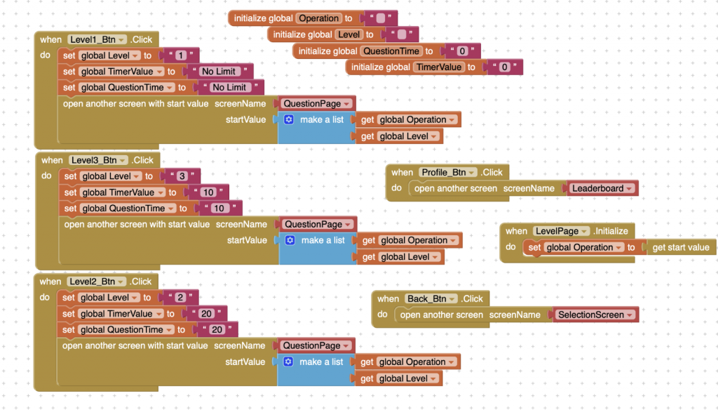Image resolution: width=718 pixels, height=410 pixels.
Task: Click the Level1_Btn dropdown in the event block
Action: (x=97, y=40)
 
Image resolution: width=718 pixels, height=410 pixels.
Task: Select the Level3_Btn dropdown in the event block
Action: (x=98, y=161)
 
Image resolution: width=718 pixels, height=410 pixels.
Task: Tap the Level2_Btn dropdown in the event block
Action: (x=97, y=282)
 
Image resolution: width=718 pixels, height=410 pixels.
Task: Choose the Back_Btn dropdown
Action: (x=431, y=299)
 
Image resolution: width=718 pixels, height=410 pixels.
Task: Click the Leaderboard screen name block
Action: (x=602, y=188)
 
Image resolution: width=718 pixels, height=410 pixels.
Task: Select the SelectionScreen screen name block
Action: (x=595, y=315)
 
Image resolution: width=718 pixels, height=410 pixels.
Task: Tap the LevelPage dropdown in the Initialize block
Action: (x=562, y=231)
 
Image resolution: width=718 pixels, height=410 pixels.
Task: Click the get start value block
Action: (x=680, y=248)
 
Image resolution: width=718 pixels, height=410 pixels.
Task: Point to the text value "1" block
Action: (x=179, y=55)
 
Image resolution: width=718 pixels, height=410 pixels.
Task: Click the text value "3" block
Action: (x=181, y=176)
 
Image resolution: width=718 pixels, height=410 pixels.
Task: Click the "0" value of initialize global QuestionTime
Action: (x=462, y=51)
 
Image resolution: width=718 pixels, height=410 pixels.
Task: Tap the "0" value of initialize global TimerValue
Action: (x=504, y=67)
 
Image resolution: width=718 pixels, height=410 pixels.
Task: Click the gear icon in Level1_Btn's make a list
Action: (x=289, y=120)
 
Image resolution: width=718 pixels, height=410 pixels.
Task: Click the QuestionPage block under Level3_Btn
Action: (x=318, y=225)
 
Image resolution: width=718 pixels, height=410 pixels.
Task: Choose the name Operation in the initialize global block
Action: (x=318, y=18)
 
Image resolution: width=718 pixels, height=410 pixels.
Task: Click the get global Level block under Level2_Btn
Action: (x=398, y=378)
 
